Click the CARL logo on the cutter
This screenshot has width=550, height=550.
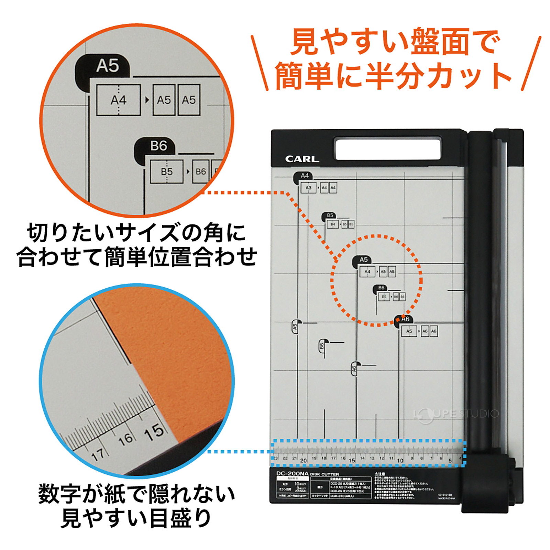302,159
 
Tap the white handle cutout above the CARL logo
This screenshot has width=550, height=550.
388,148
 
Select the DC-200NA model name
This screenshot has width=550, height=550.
292,474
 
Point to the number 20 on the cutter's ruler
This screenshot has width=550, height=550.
303,460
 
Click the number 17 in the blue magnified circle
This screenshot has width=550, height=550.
98,455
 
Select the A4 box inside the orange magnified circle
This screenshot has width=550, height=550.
118,100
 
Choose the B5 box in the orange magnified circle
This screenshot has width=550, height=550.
167,171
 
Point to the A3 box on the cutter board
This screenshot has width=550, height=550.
308,188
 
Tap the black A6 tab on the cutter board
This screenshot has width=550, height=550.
405,319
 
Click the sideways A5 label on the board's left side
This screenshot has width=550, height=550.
295,327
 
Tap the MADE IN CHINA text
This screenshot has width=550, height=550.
447,498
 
